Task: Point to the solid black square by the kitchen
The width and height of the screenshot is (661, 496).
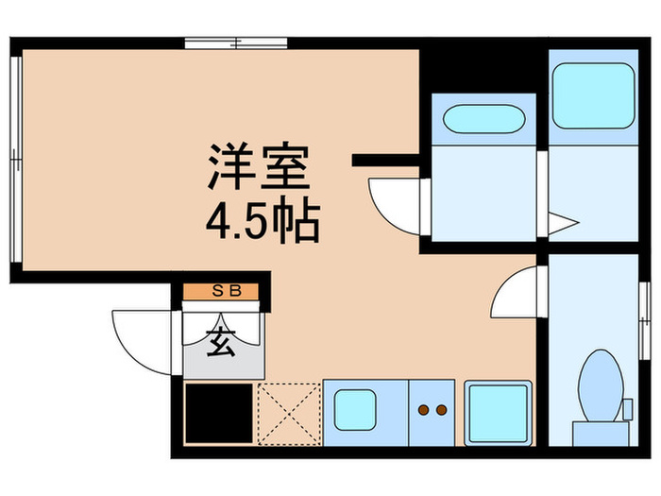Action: tap(218, 412)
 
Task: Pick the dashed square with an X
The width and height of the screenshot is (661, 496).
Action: tap(288, 412)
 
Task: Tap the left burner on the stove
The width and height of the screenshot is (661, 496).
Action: tap(423, 410)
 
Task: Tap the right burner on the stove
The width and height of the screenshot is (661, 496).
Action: tap(440, 410)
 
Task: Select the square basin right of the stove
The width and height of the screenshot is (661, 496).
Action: tap(496, 412)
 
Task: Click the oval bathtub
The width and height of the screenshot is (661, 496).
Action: tap(483, 121)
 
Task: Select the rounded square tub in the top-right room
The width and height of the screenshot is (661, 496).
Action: tap(593, 94)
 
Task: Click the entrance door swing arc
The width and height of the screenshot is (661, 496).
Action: tap(142, 335)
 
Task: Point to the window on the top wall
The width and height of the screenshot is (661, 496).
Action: tap(235, 42)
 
